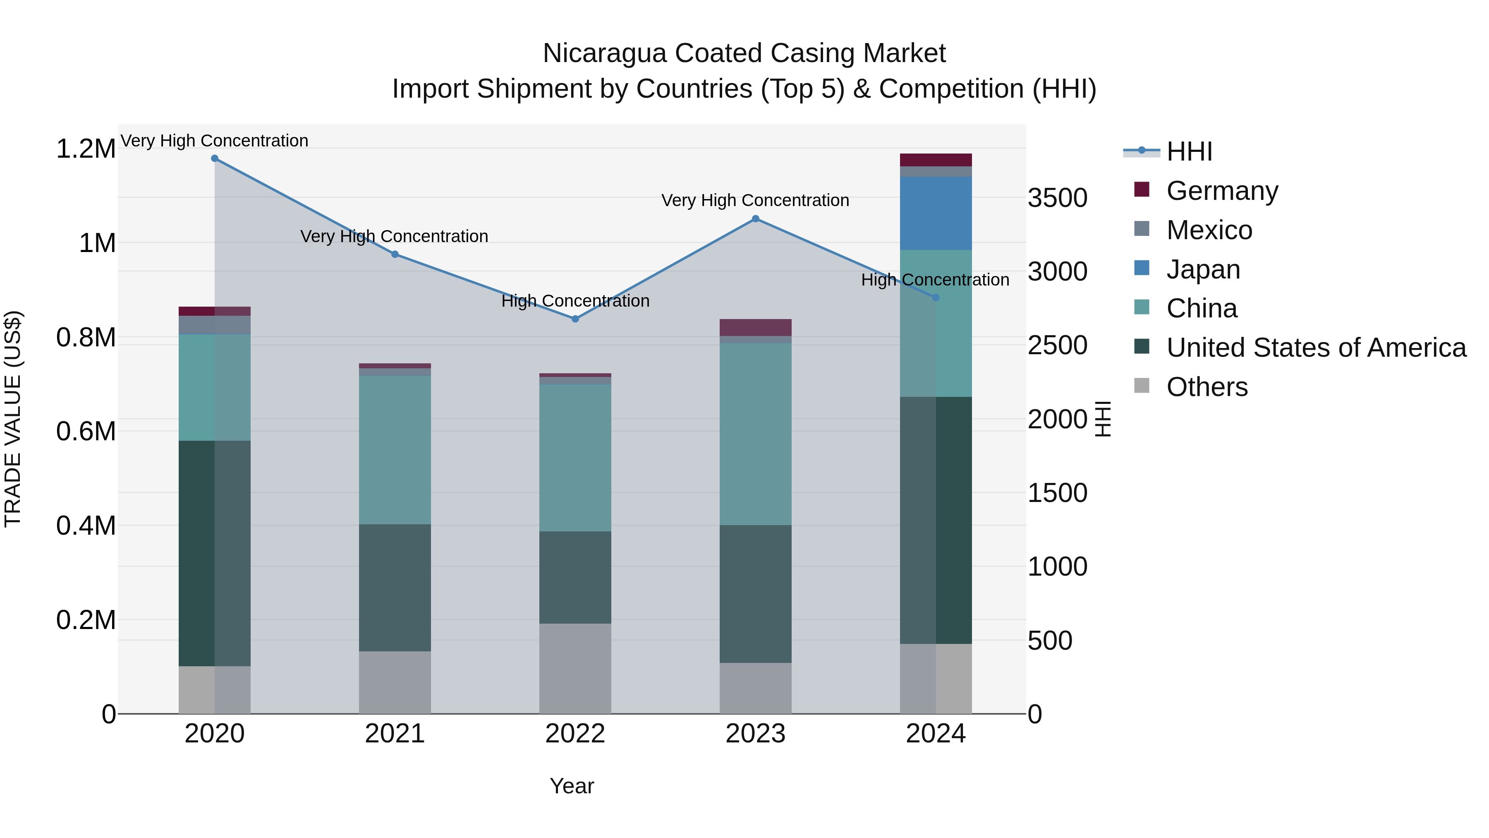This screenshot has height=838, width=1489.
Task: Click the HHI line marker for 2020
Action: click(x=214, y=158)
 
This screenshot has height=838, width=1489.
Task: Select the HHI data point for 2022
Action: click(x=575, y=319)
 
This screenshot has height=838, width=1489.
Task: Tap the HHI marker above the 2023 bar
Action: click(x=756, y=219)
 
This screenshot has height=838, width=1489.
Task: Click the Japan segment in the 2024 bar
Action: click(x=936, y=214)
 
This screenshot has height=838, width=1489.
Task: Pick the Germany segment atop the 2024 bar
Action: click(x=936, y=160)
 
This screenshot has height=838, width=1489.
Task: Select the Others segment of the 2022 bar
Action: click(x=575, y=669)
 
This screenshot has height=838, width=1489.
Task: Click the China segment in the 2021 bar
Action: click(x=395, y=450)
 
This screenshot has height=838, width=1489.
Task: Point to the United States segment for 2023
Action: click(x=756, y=594)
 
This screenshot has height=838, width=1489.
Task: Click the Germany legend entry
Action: click(x=1222, y=191)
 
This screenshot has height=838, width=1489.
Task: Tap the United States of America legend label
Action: click(x=1316, y=348)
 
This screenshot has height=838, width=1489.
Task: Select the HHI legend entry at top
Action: click(x=1189, y=151)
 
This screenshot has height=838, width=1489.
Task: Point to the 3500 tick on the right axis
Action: click(x=1057, y=198)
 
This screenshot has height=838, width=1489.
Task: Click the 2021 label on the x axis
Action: click(x=395, y=734)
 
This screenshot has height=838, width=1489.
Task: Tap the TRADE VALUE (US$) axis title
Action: click(x=13, y=419)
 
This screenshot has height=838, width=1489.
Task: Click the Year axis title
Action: click(x=572, y=786)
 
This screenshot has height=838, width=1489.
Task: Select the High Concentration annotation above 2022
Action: click(x=575, y=301)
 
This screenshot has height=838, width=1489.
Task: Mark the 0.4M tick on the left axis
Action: click(x=86, y=526)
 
